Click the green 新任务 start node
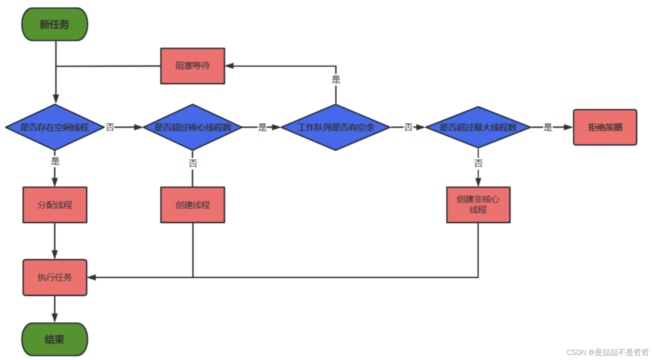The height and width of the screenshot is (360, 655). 54,25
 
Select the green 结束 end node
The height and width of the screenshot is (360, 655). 54,339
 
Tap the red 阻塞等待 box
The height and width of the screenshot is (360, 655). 193,66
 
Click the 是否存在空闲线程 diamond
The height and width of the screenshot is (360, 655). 54,127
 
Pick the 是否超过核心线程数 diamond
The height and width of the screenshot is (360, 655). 193,127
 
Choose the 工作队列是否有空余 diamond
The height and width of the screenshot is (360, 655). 335,127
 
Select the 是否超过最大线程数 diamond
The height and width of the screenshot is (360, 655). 478,127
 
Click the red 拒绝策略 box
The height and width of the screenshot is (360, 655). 605,127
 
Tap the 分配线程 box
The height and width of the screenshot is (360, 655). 54,205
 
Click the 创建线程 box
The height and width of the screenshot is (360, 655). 193,205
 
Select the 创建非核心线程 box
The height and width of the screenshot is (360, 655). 478,205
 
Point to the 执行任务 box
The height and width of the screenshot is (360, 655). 54,277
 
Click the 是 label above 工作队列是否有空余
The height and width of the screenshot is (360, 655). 336,79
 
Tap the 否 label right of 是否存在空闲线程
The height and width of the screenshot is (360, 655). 110,127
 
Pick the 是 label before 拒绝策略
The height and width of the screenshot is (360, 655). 548,127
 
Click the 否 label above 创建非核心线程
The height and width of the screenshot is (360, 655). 478,163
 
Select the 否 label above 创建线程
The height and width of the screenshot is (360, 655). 193,163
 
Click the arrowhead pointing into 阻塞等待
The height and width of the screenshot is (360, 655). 230,66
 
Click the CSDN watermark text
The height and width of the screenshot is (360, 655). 607,352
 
